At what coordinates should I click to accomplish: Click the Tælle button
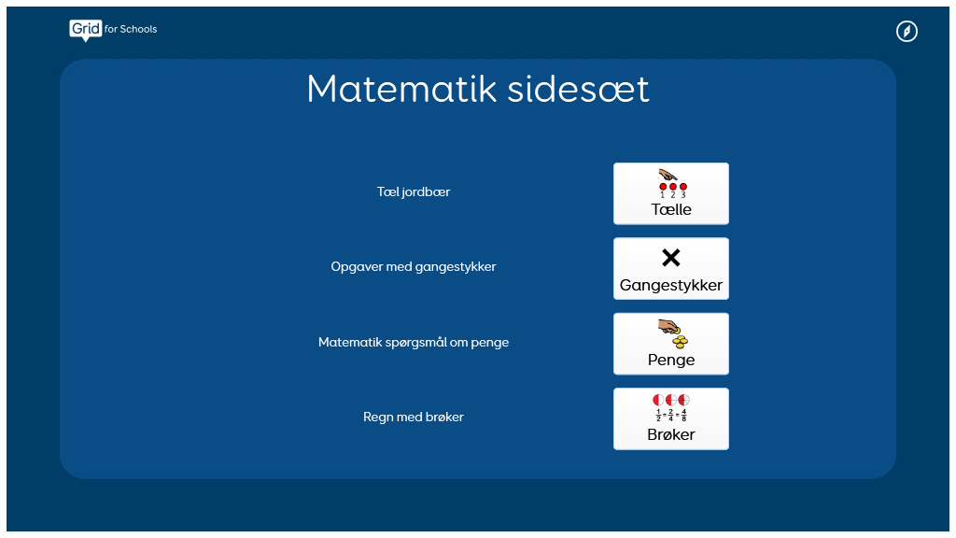pyautogui.click(x=670, y=193)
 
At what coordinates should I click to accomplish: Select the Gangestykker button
pyautogui.click(x=670, y=268)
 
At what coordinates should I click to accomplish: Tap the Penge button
pyautogui.click(x=670, y=344)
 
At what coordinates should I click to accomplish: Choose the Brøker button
pyautogui.click(x=670, y=418)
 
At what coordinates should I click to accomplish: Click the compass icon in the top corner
pyautogui.click(x=907, y=31)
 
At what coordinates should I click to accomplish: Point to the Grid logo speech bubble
pyautogui.click(x=85, y=30)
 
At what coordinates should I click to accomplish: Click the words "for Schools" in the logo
pyautogui.click(x=131, y=29)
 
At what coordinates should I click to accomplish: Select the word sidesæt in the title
pyautogui.click(x=578, y=89)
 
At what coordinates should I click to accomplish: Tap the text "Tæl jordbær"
pyautogui.click(x=414, y=191)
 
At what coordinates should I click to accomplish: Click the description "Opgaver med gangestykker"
pyautogui.click(x=414, y=266)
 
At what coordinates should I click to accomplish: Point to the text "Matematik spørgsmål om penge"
pyautogui.click(x=414, y=342)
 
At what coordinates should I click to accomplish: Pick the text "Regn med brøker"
pyautogui.click(x=414, y=417)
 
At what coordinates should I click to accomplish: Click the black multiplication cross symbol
pyautogui.click(x=670, y=258)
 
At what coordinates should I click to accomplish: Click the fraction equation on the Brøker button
pyautogui.click(x=670, y=415)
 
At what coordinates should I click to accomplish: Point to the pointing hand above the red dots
pyautogui.click(x=668, y=176)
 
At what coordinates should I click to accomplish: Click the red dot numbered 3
pyautogui.click(x=683, y=187)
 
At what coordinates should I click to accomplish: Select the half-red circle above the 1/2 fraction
pyautogui.click(x=658, y=400)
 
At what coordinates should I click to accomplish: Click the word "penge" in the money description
pyautogui.click(x=489, y=343)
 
